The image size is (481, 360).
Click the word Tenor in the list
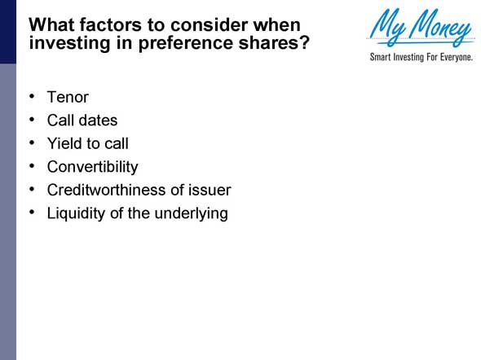68,98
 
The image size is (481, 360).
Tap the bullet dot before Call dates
31,119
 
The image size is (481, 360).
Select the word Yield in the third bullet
64,144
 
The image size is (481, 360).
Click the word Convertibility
92,167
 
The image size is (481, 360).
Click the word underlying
192,213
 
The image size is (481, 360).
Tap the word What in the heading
51,24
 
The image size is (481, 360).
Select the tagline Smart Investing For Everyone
421,59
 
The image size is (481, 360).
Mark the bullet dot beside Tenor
31,96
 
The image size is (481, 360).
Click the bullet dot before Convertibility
31,165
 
